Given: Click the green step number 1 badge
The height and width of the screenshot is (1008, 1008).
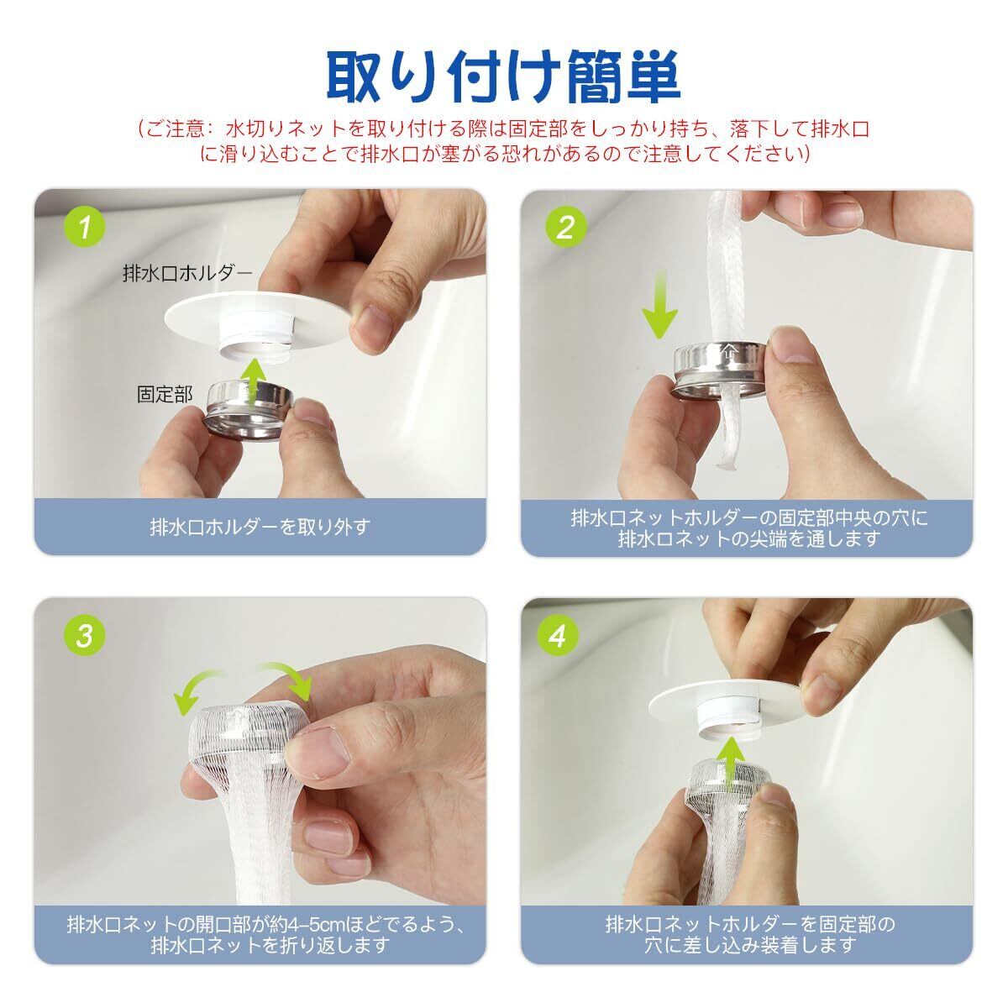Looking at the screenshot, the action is coord(84,227).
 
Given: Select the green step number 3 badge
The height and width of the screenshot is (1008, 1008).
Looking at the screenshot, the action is coord(84,636).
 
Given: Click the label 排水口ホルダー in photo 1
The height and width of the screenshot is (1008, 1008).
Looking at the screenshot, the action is coord(187,272).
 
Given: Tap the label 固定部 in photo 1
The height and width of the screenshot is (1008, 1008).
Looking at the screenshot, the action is coord(165,395).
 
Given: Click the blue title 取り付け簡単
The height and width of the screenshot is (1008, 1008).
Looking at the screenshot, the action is coord(503,77).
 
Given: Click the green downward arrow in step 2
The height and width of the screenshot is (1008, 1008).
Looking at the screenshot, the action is coord(659,304).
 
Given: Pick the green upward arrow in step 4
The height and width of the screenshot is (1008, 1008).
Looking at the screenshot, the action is coord(730,764).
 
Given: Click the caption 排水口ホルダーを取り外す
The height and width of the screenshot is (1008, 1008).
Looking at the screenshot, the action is coord(260,527).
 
